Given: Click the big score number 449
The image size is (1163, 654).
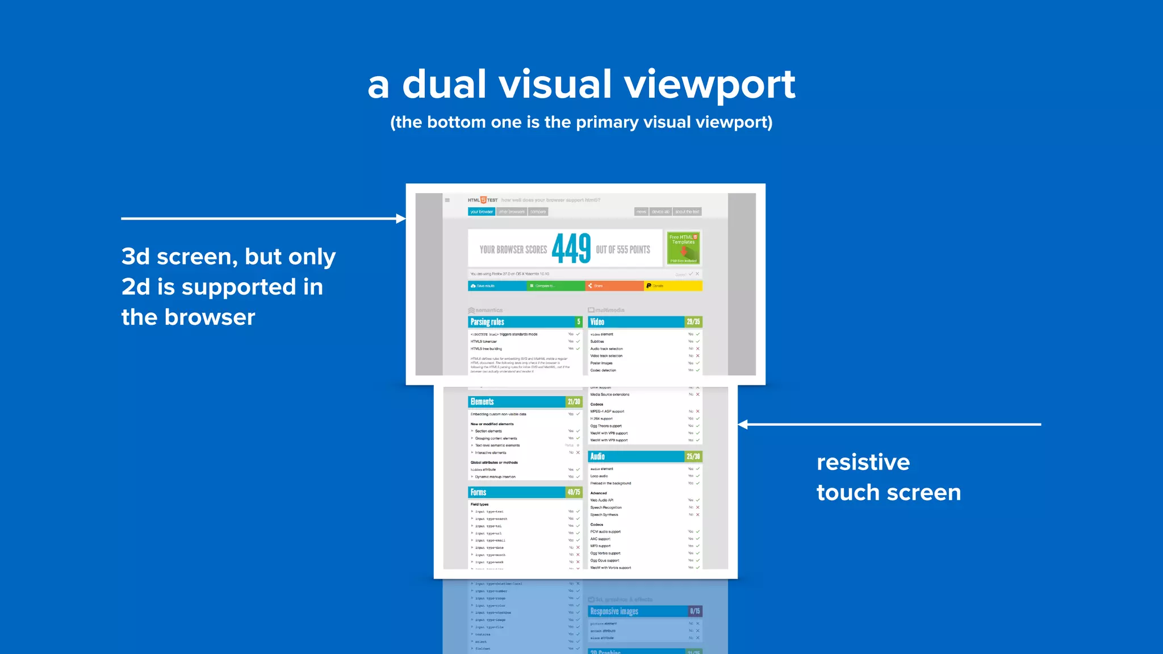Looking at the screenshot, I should (571, 249).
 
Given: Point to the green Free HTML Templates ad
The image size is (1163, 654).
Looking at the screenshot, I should (683, 248).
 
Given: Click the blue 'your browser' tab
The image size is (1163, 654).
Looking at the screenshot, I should (482, 212).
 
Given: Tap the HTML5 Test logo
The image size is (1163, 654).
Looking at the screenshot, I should (483, 200).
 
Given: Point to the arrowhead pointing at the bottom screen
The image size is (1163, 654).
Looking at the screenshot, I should (743, 424).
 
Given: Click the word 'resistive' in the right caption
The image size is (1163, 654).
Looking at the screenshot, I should (863, 462).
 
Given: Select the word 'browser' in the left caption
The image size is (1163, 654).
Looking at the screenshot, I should (210, 317).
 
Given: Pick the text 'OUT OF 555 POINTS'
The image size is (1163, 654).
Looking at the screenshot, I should (623, 250).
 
